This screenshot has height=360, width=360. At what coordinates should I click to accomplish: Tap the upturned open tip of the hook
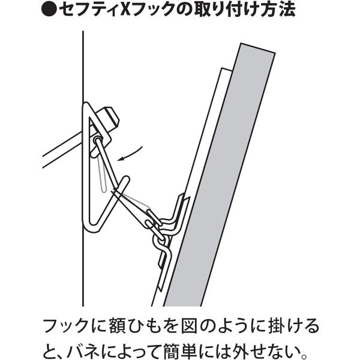pyautogui.click(x=127, y=179)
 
